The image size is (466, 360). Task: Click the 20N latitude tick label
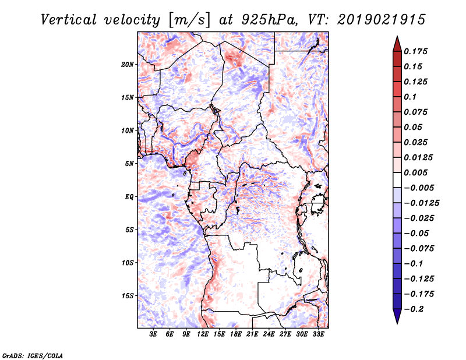(128, 64)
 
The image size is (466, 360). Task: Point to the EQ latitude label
(129, 197)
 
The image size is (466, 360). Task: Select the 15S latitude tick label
(128, 296)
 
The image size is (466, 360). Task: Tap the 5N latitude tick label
(129, 164)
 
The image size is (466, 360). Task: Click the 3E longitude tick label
(154, 335)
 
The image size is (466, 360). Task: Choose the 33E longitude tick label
(318, 335)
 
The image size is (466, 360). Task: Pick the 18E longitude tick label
(236, 335)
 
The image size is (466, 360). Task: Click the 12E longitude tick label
(203, 335)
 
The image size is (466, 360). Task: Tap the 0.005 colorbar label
(417, 172)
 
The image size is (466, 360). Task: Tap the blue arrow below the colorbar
(397, 317)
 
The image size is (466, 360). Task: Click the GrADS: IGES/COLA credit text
(24, 354)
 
